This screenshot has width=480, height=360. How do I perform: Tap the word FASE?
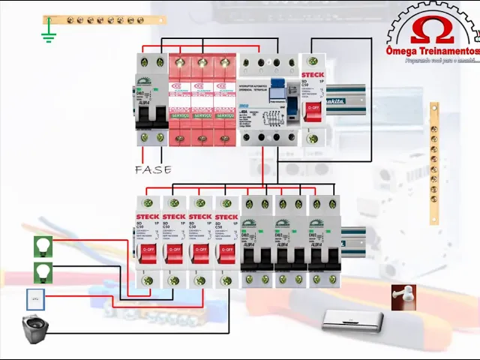pyautogui.click(x=152, y=170)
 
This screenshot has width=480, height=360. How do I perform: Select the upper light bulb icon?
pyautogui.click(x=43, y=246)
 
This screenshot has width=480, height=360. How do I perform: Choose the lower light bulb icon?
pyautogui.click(x=43, y=271)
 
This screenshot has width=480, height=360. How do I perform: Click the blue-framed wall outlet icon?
pyautogui.click(x=35, y=300)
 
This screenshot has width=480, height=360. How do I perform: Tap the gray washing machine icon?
pyautogui.click(x=34, y=329)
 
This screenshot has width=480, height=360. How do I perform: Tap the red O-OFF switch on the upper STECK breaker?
pyautogui.click(x=313, y=109)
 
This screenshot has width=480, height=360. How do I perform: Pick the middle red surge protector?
pyautogui.click(x=202, y=97)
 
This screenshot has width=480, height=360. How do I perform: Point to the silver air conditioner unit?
pyautogui.click(x=352, y=321)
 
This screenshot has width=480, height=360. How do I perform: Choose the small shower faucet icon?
pyautogui.click(x=403, y=297)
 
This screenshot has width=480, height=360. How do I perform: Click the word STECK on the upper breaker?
pyautogui.click(x=312, y=75)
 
